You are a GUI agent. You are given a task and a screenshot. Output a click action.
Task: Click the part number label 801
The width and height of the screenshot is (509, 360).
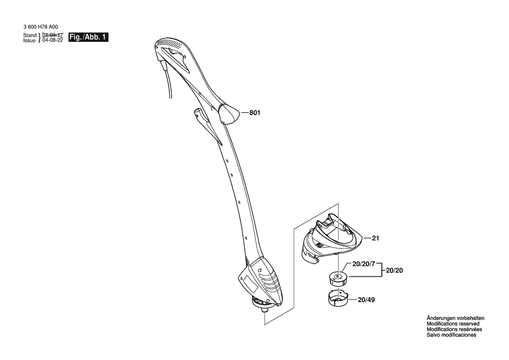point(255,113)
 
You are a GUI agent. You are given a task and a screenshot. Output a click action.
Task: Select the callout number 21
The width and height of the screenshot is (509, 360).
point(375,238)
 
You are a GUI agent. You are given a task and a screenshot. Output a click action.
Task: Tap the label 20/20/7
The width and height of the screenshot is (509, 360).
point(364,264)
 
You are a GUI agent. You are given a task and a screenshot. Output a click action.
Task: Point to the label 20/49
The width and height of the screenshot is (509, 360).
point(366,300)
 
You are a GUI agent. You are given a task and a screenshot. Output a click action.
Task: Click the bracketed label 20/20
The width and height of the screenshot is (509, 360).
point(394,270)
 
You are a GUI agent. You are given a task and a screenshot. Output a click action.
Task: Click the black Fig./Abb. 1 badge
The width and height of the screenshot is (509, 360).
point(88,37)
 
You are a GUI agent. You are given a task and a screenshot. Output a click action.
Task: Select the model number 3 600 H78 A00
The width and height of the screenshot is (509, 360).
point(40,27)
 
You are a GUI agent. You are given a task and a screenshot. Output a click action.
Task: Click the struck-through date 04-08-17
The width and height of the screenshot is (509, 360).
point(53,35)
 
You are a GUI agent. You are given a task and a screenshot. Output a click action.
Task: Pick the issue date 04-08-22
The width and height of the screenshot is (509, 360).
point(53,40)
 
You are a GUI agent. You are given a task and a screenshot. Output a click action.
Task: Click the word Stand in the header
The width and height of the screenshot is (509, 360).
point(30,35)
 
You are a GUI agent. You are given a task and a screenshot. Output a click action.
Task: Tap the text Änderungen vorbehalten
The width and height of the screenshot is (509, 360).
point(455,319)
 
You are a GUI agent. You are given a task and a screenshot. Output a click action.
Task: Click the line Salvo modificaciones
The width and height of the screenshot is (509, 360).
point(451,335)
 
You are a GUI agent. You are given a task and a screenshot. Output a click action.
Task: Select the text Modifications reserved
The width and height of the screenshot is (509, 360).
point(453,324)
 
